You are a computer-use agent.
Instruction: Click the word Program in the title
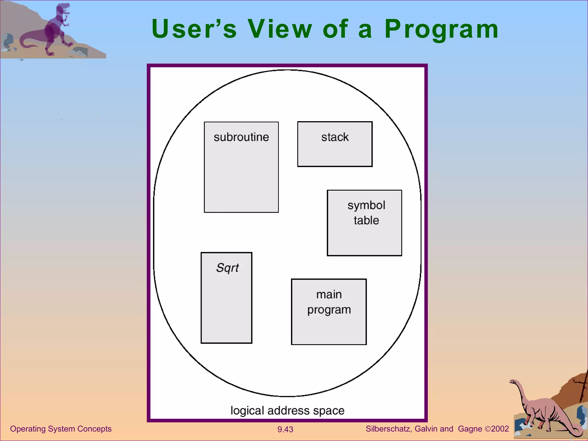coord(441,30)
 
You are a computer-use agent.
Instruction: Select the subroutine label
coord(241,137)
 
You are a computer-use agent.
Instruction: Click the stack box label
coord(335,137)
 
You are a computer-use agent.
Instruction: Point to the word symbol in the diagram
coord(366,205)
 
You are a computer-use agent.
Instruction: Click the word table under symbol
coord(366,220)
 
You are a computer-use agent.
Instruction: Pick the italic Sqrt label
coord(227,268)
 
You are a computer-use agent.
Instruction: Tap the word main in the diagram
coord(329,295)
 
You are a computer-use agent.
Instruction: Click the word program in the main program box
coord(329,310)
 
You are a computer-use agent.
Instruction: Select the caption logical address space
coord(287,411)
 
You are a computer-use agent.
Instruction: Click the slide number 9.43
coord(285,430)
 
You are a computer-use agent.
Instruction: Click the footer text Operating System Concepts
coord(61,429)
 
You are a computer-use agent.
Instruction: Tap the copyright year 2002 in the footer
coord(500,429)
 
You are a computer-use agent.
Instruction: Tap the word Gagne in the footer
coord(470,429)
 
